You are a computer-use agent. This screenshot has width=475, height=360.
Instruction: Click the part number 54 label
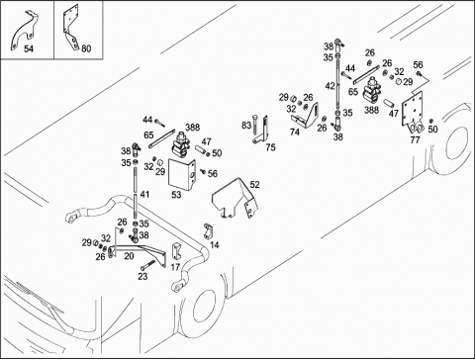pyautogui.click(x=29, y=48)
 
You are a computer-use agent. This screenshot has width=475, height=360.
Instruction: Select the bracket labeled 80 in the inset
pyautogui.click(x=71, y=28)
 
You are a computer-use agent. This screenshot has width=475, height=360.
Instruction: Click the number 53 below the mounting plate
pyautogui.click(x=176, y=195)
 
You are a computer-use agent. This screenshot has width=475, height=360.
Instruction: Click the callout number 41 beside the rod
pyautogui.click(x=144, y=194)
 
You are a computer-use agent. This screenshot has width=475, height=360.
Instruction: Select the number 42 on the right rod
pyautogui.click(x=331, y=86)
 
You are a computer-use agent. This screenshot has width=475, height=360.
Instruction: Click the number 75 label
pyautogui.click(x=270, y=147)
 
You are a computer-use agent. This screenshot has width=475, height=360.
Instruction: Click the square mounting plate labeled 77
pyautogui.click(x=413, y=111)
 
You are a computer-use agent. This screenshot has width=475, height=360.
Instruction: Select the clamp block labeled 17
pyautogui.click(x=175, y=251)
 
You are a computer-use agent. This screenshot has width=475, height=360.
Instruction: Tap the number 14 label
pyautogui.click(x=215, y=245)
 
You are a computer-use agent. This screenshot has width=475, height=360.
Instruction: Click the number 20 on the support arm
pyautogui.click(x=129, y=256)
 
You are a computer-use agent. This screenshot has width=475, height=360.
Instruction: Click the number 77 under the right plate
pyautogui.click(x=415, y=140)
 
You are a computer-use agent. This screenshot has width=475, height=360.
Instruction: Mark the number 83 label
pyautogui.click(x=246, y=126)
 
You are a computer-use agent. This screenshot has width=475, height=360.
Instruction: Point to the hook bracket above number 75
pyautogui.click(x=263, y=130)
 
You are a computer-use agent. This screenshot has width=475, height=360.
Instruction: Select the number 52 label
pyautogui.click(x=254, y=185)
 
